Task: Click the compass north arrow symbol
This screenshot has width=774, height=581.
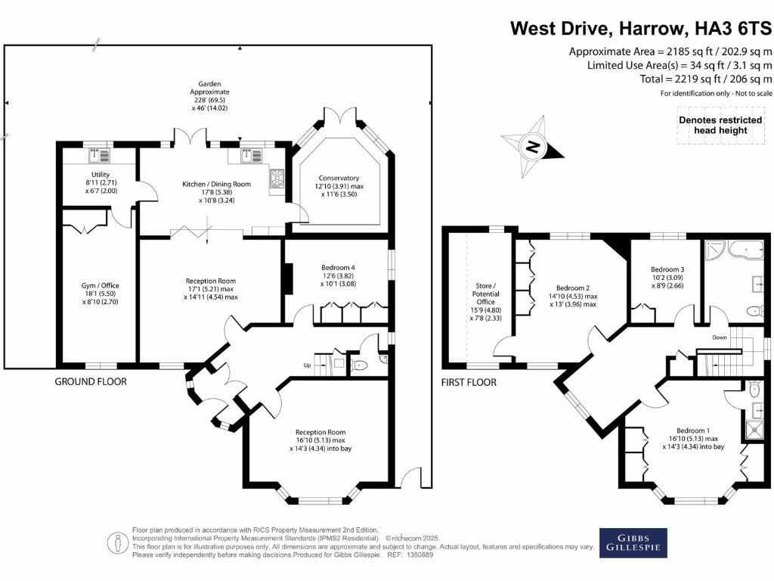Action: (x=533, y=144)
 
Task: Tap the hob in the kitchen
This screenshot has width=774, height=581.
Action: (x=277, y=179)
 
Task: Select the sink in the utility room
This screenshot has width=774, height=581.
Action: (x=99, y=156)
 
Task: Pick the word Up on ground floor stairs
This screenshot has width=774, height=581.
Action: (x=307, y=365)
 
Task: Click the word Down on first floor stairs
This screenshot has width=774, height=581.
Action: (x=718, y=337)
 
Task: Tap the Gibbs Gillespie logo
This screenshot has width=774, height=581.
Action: (x=633, y=542)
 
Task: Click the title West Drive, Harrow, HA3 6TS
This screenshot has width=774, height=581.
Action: (x=641, y=29)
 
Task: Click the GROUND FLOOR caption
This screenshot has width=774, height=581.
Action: (x=91, y=381)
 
